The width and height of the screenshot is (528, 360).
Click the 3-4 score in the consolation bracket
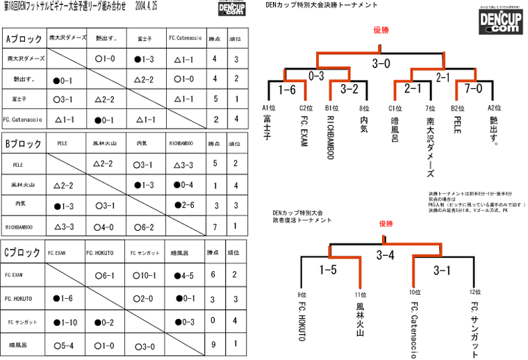click(x=386, y=255)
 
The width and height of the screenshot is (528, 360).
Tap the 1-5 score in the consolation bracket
click(x=329, y=270)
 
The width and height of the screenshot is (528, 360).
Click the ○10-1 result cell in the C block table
click(x=144, y=275)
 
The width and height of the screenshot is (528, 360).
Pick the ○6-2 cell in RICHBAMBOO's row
click(x=144, y=227)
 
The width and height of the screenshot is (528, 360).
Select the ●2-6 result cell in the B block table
click(x=184, y=206)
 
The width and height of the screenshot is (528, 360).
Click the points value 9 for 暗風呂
click(x=215, y=344)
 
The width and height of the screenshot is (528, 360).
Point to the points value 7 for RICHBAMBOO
click(x=215, y=227)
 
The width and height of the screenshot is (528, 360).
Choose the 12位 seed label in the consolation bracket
click(x=475, y=293)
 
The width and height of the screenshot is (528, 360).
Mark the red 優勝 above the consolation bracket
click(x=386, y=223)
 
